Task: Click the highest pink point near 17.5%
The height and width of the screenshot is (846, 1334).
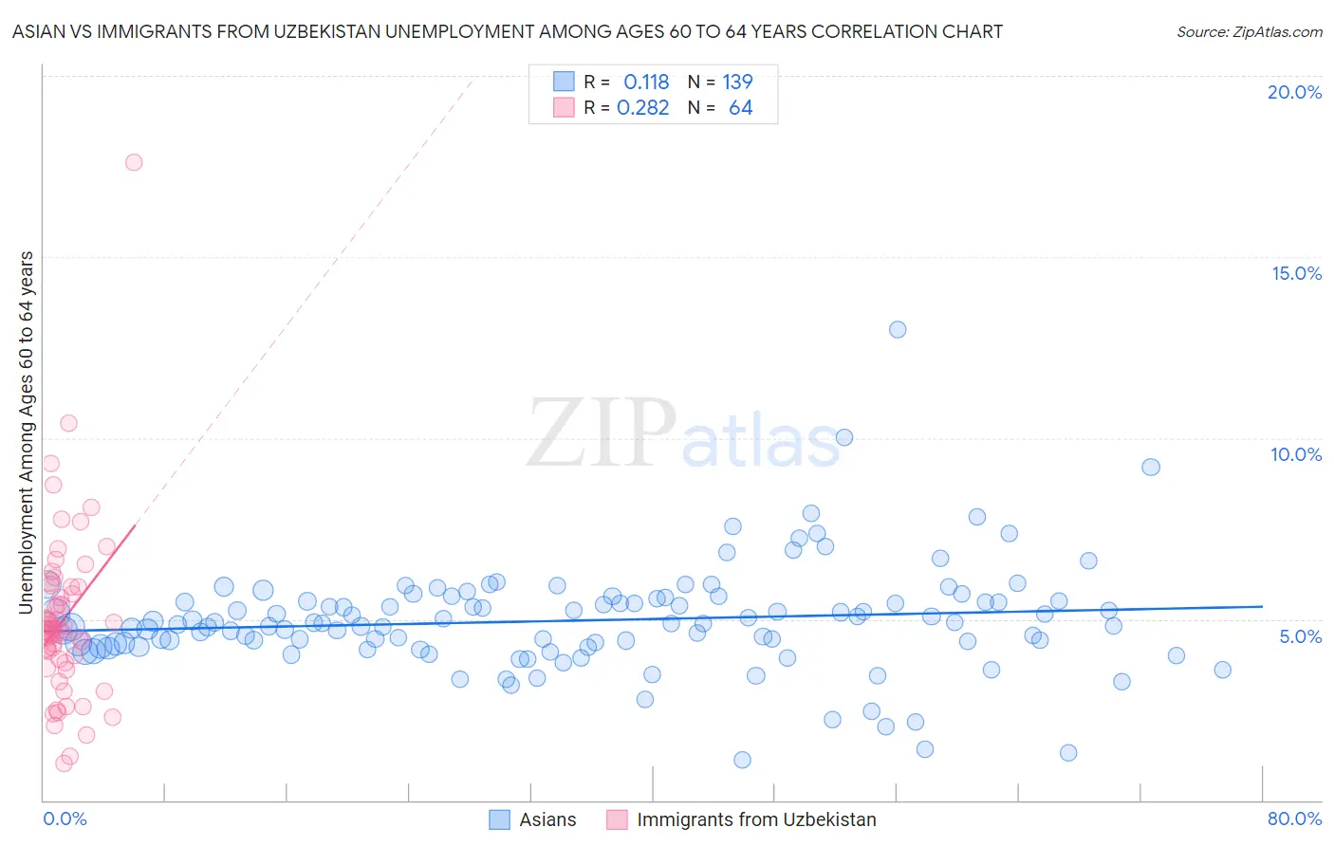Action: [x=134, y=162]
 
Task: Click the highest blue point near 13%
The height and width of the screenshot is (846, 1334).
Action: [x=898, y=329]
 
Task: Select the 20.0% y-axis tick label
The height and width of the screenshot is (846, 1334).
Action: [x=1294, y=92]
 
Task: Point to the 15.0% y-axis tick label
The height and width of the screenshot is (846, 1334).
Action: [x=1296, y=273]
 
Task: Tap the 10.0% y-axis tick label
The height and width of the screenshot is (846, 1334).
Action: [x=1296, y=454]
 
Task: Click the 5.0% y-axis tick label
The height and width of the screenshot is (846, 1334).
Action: [x=1300, y=636]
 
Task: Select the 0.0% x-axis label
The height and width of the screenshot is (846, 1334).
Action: [x=65, y=818]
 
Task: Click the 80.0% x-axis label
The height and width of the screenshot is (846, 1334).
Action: [x=1294, y=818]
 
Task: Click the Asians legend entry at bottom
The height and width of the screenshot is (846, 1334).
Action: [x=547, y=819]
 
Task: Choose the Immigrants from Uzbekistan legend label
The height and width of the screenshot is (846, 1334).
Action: [x=756, y=819]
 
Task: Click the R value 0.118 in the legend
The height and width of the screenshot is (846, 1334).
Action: [x=646, y=83]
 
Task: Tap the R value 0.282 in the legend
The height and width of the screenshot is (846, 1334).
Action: [x=643, y=108]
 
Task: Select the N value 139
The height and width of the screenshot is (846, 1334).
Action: [x=737, y=83]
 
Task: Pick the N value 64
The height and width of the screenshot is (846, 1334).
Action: [x=740, y=108]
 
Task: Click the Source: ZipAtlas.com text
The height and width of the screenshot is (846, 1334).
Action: [x=1249, y=32]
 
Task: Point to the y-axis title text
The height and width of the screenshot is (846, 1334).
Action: [x=27, y=432]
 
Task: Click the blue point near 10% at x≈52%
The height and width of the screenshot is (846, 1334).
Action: [x=844, y=437]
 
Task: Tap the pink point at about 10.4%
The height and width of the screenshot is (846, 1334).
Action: [x=68, y=423]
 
